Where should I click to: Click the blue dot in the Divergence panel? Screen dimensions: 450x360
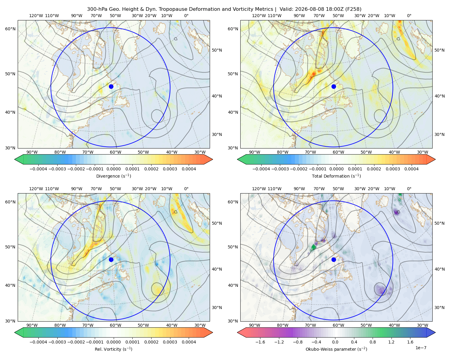111,86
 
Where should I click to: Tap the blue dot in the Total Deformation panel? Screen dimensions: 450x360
334,86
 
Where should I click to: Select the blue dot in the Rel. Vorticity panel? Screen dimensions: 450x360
111,259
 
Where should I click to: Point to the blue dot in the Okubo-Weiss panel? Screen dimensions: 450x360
334,259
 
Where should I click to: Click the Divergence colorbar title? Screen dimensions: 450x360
113,176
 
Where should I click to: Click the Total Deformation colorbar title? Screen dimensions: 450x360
336,176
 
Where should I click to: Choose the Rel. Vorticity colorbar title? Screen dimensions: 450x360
113,349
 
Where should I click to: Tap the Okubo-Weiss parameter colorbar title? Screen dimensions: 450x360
336,349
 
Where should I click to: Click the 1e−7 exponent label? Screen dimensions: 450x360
421,348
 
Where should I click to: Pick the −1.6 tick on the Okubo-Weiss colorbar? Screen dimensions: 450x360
260,342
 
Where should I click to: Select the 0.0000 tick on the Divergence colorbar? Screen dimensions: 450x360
113,169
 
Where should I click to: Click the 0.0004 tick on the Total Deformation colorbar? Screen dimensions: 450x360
411,169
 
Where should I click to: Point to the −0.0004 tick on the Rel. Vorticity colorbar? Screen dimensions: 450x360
38,342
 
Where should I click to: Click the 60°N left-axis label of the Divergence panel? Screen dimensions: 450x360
10,29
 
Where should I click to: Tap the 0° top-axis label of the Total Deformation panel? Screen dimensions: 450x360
409,16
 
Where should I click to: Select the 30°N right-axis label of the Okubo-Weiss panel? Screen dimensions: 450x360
439,307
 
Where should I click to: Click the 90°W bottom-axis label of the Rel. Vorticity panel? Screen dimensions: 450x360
32,325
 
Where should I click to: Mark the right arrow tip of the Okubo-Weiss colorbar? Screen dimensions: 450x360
435,332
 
